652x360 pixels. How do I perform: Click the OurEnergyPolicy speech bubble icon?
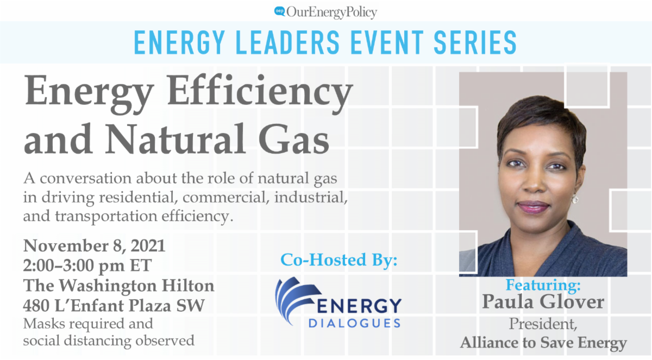280,11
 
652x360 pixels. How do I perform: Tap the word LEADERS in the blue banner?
287,42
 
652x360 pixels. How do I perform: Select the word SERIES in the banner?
475,42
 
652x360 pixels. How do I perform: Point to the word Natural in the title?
175,139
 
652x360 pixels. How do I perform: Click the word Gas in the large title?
294,139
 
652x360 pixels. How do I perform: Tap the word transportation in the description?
106,216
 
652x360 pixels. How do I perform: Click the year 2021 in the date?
148,246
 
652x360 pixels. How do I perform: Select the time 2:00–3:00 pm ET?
87,266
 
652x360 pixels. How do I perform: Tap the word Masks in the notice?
44,324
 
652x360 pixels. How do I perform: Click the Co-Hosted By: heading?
339,260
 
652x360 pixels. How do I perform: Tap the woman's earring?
575,199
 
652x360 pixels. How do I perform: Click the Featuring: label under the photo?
543,285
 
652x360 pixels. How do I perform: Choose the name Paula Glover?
543,301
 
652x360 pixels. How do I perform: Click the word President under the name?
543,324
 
